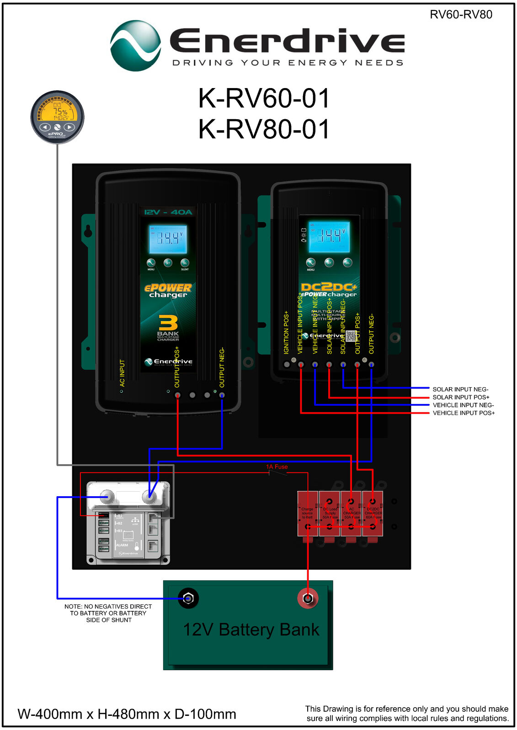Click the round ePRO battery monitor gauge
[57, 117]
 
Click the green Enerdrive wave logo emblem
[136, 46]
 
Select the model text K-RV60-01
[264, 99]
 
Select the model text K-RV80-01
[264, 129]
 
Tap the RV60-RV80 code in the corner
[461, 15]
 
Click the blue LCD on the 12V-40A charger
[168, 239]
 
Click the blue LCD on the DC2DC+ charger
[329, 236]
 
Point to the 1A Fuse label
[277, 467]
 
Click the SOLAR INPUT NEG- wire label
[460, 389]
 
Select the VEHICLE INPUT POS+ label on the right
[464, 413]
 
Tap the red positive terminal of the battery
[308, 598]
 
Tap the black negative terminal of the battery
[188, 598]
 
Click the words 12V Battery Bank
[251, 630]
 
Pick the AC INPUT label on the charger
[122, 373]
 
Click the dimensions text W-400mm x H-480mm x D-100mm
[127, 714]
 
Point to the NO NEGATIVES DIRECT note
[108, 613]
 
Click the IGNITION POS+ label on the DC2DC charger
[287, 332]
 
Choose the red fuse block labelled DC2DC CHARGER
[373, 513]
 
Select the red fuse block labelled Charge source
[308, 513]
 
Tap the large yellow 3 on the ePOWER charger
[168, 323]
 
